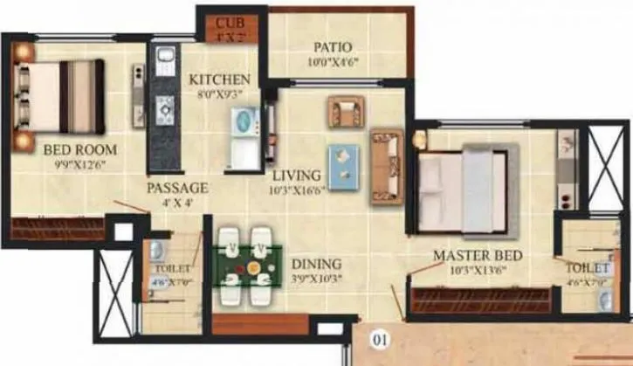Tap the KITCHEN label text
[x=213, y=79]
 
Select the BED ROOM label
[x=80, y=149]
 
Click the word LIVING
[x=297, y=174]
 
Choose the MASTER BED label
[x=478, y=255]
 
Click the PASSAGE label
[x=177, y=188]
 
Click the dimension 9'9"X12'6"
[x=80, y=163]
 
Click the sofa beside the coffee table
[x=386, y=161]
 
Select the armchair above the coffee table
[x=345, y=111]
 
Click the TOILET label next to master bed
[x=587, y=266]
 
